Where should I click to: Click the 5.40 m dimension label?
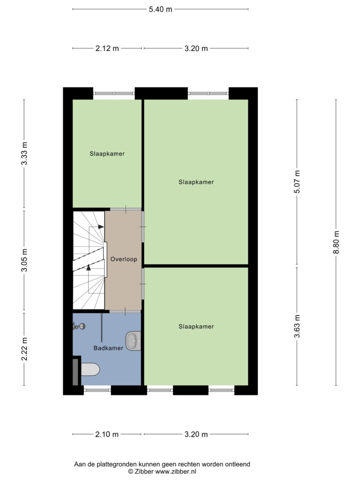pyautogui.click(x=160, y=9)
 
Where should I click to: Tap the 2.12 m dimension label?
pyautogui.click(x=107, y=48)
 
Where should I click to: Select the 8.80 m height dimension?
pyautogui.click(x=336, y=242)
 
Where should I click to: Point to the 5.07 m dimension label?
pyautogui.click(x=297, y=182)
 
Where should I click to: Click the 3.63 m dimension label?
pyautogui.click(x=297, y=326)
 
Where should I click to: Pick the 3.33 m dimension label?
pyautogui.click(x=24, y=154)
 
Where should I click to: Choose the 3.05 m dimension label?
pyautogui.click(x=24, y=260)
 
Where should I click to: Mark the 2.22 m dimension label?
pyautogui.click(x=24, y=349)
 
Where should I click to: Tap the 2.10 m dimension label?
pyautogui.click(x=107, y=434)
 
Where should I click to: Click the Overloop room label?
pyautogui.click(x=124, y=259)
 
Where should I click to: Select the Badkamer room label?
pyautogui.click(x=108, y=348)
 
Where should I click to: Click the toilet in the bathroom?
pyautogui.click(x=90, y=369)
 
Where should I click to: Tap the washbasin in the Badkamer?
pyautogui.click(x=133, y=341)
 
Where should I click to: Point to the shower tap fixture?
pyautogui.click(x=79, y=326)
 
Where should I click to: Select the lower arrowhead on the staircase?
pyautogui.click(x=89, y=267)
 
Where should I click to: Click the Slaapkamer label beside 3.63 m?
pyautogui.click(x=196, y=327)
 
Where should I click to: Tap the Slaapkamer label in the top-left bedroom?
pyautogui.click(x=107, y=154)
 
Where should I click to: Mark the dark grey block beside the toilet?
pyautogui.click(x=75, y=372)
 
